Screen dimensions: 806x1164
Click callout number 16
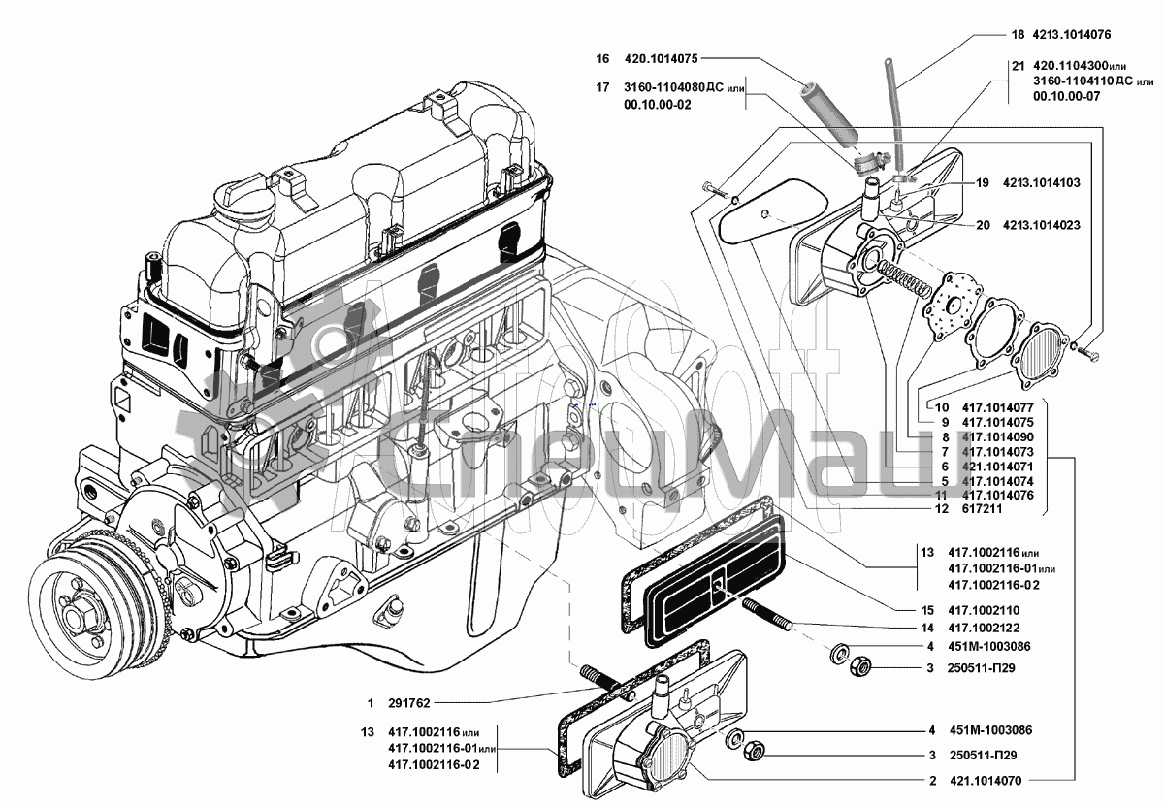click(602, 57)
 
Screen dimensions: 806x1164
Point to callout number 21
click(1016, 66)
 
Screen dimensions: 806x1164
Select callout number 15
click(928, 611)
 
